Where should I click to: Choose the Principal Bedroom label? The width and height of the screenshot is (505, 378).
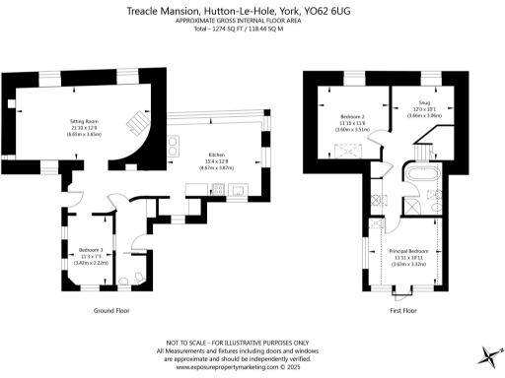click(406, 251)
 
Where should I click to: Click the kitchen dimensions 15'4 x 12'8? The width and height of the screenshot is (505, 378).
click(215, 161)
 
